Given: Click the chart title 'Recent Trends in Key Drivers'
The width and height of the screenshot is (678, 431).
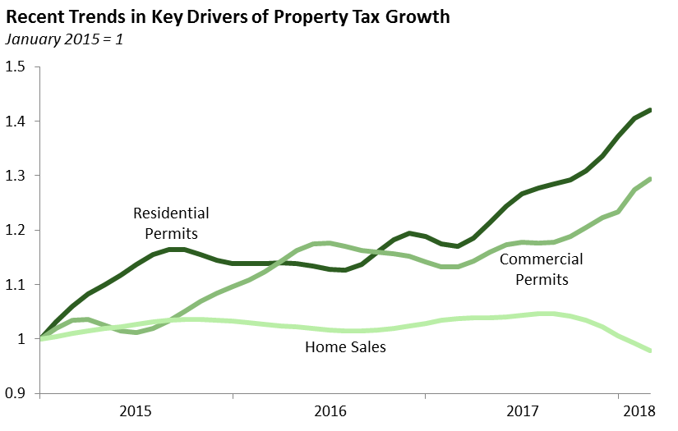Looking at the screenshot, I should [x=228, y=17].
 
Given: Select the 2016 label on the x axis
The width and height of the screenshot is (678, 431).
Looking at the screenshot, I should [x=330, y=410].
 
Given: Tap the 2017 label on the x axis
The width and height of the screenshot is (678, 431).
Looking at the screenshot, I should [x=523, y=410].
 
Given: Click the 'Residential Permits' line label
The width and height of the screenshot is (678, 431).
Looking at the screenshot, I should [x=171, y=222].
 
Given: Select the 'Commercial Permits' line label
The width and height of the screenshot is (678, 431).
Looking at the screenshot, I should [x=541, y=269].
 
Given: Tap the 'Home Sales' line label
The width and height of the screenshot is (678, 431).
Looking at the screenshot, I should [x=345, y=346].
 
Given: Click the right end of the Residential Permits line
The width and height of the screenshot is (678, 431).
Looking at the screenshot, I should [x=649, y=110].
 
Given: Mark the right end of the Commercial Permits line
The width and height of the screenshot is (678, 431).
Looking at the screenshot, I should [x=649, y=179].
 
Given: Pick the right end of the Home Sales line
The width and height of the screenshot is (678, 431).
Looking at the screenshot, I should [x=649, y=351].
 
